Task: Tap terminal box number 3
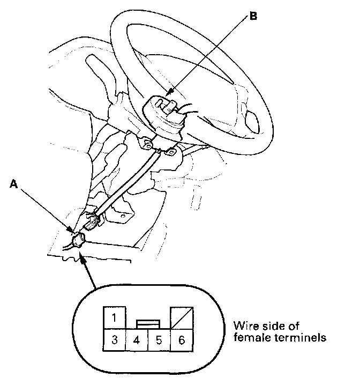[x=114, y=339]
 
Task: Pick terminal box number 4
[x=136, y=339]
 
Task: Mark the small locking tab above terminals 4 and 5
[x=147, y=324]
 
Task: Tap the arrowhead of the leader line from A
[x=72, y=231]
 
